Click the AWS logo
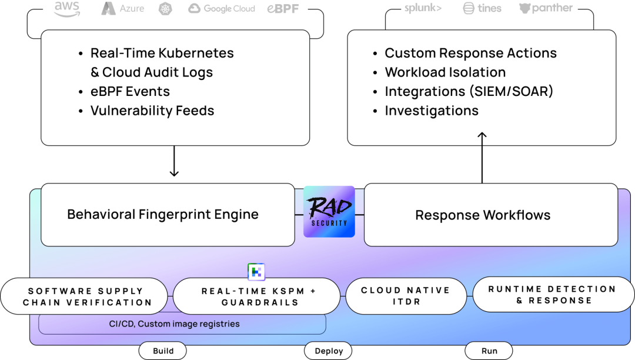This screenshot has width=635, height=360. (x=66, y=8)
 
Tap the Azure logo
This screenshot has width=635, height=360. (x=122, y=8)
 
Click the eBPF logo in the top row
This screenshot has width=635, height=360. (x=283, y=8)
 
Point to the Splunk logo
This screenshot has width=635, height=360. (x=422, y=8)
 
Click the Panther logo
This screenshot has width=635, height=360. (x=546, y=8)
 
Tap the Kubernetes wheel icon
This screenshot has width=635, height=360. (x=166, y=8)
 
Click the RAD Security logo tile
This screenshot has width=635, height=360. (x=329, y=212)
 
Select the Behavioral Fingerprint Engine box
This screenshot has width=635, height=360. (x=168, y=215)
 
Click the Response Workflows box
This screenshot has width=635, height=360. (x=490, y=215)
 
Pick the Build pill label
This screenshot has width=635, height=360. (x=163, y=351)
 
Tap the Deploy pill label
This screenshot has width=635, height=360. (x=329, y=351)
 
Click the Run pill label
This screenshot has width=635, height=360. (x=489, y=351)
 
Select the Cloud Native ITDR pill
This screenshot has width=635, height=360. (x=405, y=296)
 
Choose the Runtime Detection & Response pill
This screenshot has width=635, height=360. (x=552, y=295)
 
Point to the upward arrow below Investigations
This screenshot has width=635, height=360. (x=482, y=139)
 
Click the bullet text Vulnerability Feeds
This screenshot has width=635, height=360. (x=152, y=111)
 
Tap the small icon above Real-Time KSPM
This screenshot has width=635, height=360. (x=256, y=272)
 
